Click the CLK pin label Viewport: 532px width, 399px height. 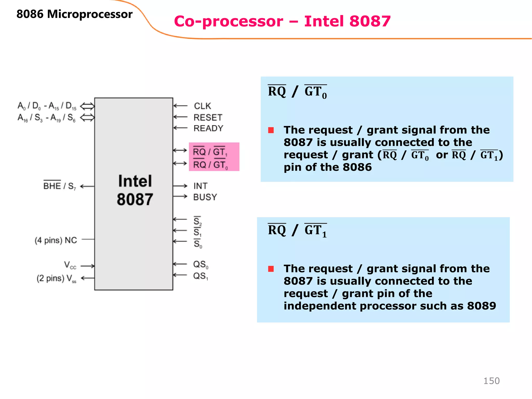point(202,106)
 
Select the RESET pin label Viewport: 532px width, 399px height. point(208,118)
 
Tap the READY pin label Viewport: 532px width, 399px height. point(208,128)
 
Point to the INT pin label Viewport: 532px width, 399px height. point(200,186)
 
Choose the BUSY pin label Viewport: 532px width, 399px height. point(205,197)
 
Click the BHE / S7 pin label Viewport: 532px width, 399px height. point(59,186)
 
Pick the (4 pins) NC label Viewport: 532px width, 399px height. point(56,240)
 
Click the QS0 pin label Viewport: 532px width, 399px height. point(201,265)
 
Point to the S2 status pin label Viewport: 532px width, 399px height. point(197,221)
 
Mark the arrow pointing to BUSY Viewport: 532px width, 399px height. point(180,196)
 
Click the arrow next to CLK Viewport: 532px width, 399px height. point(180,106)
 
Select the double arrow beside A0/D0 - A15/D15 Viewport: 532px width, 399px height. point(87,106)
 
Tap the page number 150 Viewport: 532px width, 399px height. point(491,381)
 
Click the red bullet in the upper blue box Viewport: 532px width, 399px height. point(271,130)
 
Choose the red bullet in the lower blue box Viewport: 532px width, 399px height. point(271,269)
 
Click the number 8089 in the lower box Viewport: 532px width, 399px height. point(481,306)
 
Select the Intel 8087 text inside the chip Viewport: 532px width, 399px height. point(135,190)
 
